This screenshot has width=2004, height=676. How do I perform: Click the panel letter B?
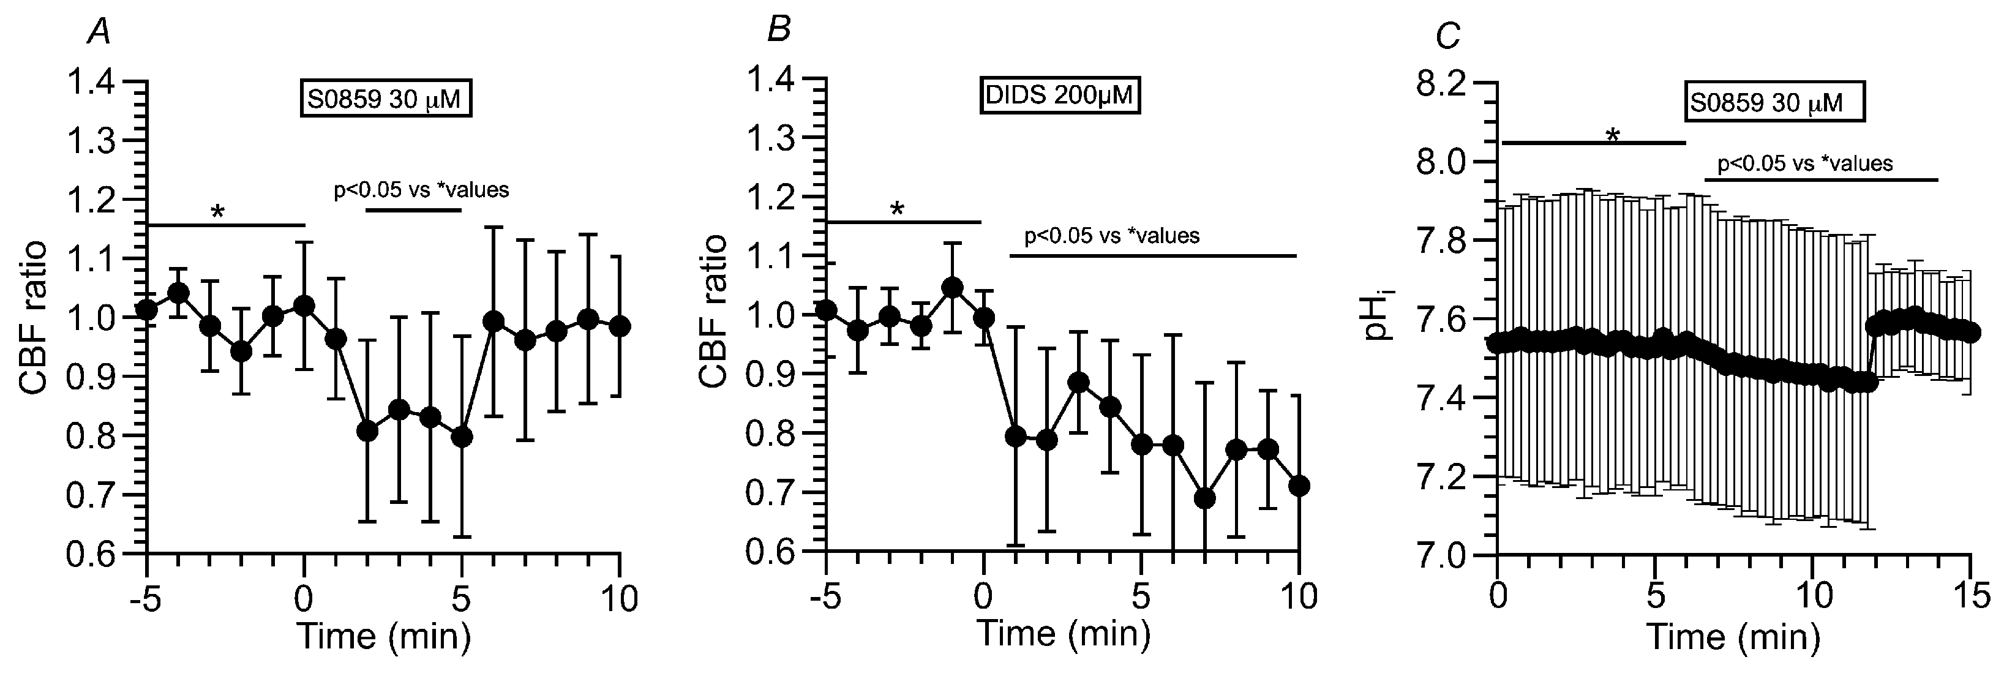point(778,32)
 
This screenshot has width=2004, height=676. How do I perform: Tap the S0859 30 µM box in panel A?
point(386,101)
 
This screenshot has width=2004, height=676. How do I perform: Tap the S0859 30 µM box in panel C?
point(1774,103)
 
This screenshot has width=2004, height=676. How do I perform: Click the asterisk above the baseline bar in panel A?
point(218,212)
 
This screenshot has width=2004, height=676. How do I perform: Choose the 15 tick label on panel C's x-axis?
point(1970,598)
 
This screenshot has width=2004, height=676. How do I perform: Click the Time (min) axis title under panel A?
point(385,636)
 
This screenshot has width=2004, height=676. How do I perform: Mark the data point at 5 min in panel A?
point(462,437)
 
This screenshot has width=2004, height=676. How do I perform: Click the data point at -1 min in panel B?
point(952,288)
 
